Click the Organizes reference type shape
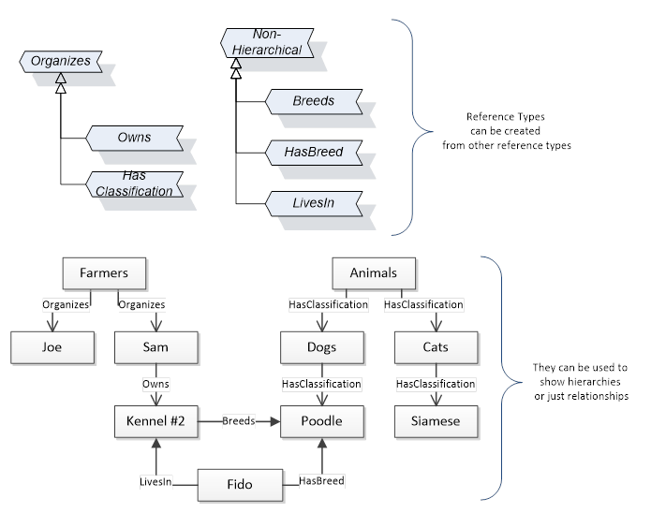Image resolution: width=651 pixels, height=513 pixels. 61,62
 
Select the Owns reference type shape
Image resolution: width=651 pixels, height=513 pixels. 134,138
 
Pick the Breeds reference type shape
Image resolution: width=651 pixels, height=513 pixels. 313,101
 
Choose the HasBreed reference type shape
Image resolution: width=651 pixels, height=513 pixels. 313,151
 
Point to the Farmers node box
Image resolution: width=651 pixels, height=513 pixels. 103,273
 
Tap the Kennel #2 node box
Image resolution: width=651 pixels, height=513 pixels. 155,421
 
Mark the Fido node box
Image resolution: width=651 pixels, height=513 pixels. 239,485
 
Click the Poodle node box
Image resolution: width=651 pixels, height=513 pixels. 322,421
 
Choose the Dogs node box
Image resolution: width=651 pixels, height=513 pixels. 322,347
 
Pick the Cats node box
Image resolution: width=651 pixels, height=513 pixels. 435,347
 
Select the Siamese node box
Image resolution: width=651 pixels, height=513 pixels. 435,421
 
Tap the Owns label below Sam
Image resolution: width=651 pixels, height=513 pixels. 155,384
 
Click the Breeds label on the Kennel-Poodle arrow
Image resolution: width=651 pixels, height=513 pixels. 237,421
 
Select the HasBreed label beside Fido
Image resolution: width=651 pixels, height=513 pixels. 321,480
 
